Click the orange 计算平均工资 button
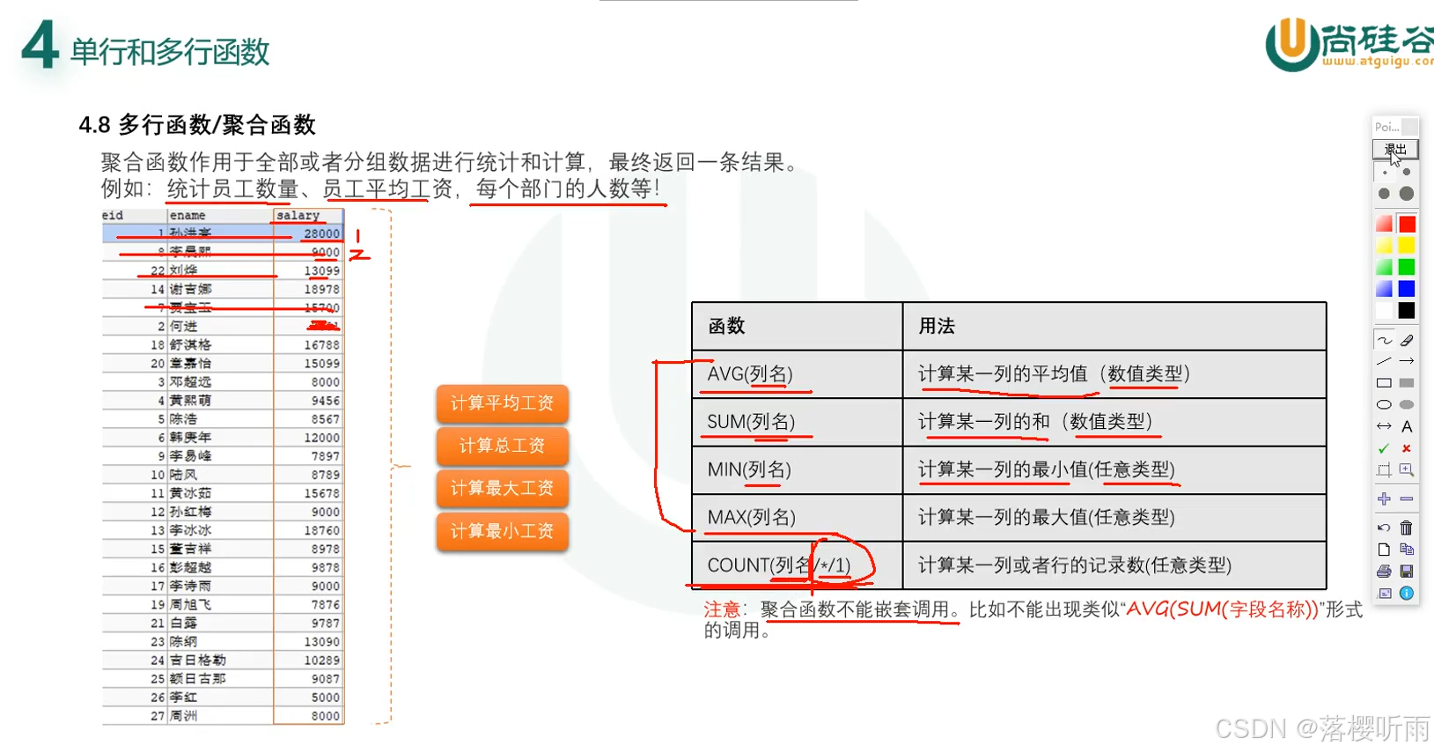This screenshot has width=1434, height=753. (x=502, y=403)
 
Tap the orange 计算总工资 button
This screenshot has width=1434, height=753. (x=502, y=447)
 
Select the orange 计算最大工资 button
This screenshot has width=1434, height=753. (x=502, y=489)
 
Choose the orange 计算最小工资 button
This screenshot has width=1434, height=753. (x=502, y=531)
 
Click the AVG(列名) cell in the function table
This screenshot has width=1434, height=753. (x=750, y=374)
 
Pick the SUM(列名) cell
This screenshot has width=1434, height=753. (x=751, y=422)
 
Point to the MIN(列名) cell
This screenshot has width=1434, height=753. (x=749, y=469)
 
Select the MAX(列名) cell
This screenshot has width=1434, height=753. (x=751, y=517)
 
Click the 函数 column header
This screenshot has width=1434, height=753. (x=726, y=327)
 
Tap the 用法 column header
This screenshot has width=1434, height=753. (x=937, y=327)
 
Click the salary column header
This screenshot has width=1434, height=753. (x=298, y=216)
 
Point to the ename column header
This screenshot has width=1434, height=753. (x=188, y=216)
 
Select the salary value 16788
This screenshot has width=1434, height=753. (x=321, y=345)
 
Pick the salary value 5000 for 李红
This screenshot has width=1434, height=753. (x=325, y=698)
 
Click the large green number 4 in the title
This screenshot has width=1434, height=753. (x=40, y=46)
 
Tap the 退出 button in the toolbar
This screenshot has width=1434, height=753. (x=1395, y=149)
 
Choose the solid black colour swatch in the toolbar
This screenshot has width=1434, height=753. (x=1407, y=310)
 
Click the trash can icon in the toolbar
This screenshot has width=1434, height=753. (x=1407, y=528)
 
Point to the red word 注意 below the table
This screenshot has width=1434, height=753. (x=722, y=609)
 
